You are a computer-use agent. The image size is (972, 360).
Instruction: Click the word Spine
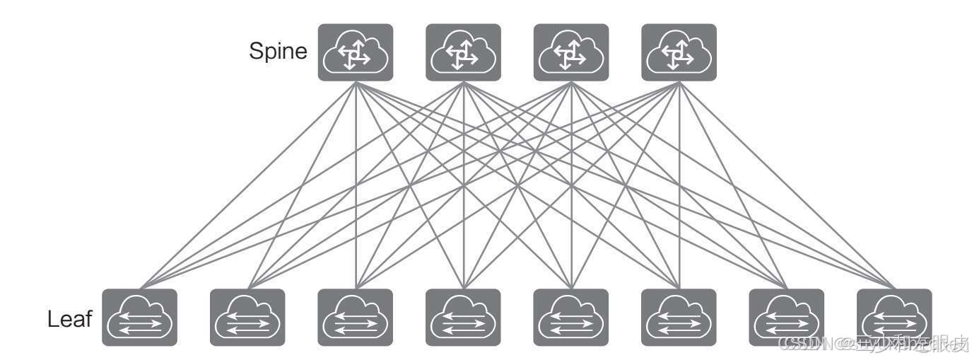(x=278, y=52)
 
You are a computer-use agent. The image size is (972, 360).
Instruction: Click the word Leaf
(x=70, y=319)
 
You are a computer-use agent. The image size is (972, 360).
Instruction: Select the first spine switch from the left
(x=356, y=52)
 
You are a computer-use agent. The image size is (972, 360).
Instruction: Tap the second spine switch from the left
(x=463, y=52)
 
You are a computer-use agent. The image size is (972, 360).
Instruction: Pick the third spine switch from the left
(x=570, y=52)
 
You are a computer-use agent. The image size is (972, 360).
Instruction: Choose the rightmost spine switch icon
(x=679, y=52)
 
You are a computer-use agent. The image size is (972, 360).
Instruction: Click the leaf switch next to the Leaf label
(x=139, y=318)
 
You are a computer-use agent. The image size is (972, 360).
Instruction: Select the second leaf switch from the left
(x=247, y=318)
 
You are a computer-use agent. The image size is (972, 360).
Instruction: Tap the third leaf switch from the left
(x=356, y=318)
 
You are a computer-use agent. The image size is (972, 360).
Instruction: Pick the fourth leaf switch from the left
(x=463, y=318)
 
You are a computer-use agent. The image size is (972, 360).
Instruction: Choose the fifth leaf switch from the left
(x=570, y=318)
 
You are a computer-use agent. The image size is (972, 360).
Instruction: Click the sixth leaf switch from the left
(x=679, y=318)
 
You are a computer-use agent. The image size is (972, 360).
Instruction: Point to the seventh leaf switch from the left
(x=786, y=318)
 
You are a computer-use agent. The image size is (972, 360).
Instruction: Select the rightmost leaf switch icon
(x=894, y=318)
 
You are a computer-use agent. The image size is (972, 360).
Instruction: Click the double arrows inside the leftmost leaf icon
(x=139, y=325)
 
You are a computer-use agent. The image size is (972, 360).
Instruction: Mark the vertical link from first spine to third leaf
(x=356, y=184)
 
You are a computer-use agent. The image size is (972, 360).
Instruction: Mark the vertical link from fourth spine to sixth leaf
(x=679, y=184)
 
